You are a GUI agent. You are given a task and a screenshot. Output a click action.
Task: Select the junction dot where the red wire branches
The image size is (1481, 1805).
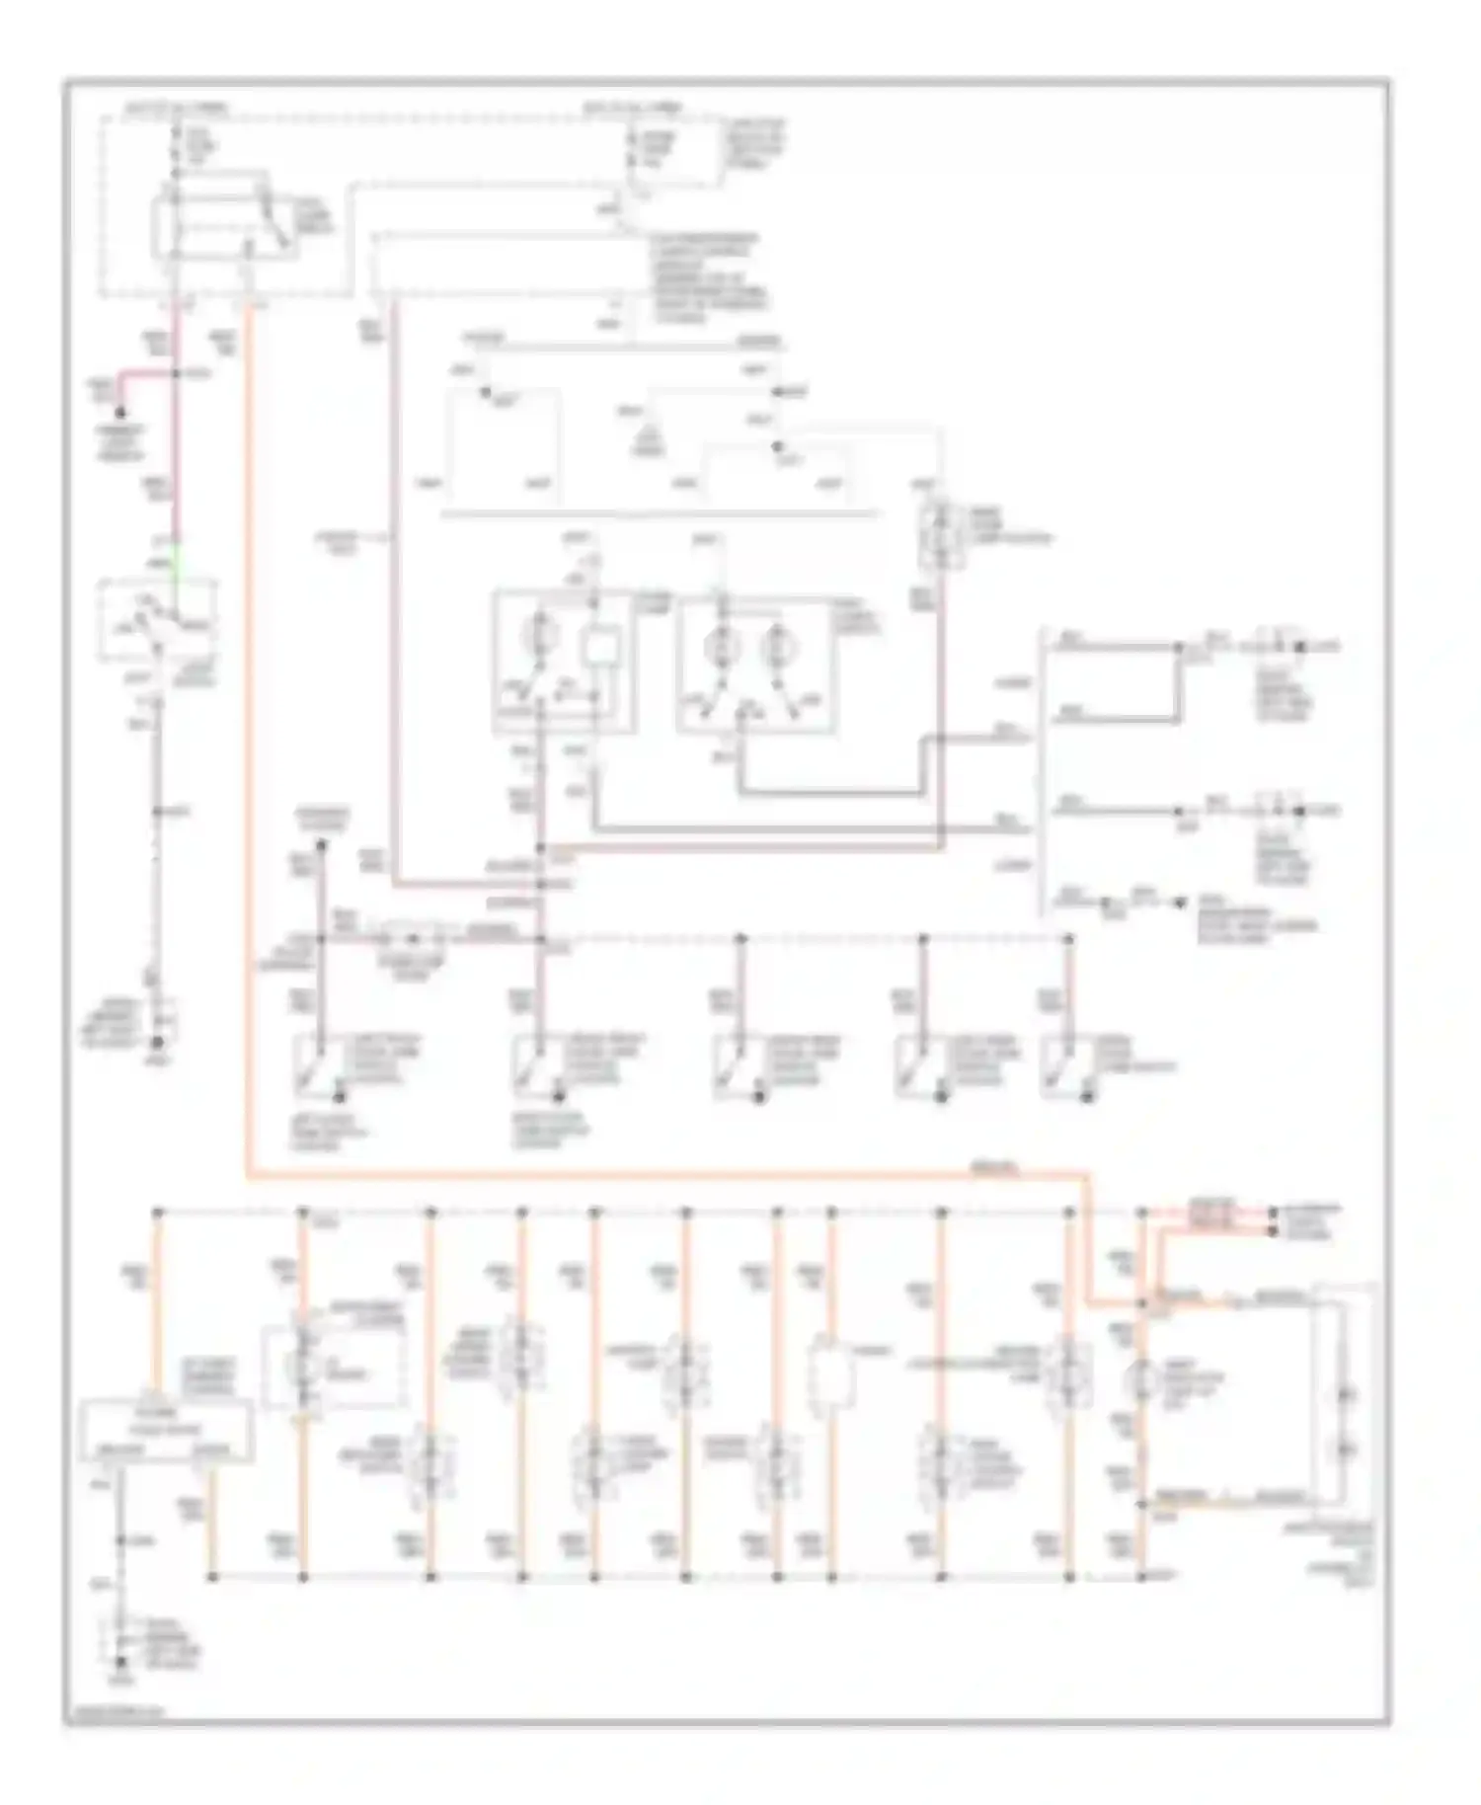177,374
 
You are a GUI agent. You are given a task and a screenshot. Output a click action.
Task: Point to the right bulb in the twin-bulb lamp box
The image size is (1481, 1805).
777,648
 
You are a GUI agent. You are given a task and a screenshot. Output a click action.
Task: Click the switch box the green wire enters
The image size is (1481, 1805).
157,620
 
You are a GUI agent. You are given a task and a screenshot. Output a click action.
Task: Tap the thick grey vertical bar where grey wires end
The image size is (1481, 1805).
1039,770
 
